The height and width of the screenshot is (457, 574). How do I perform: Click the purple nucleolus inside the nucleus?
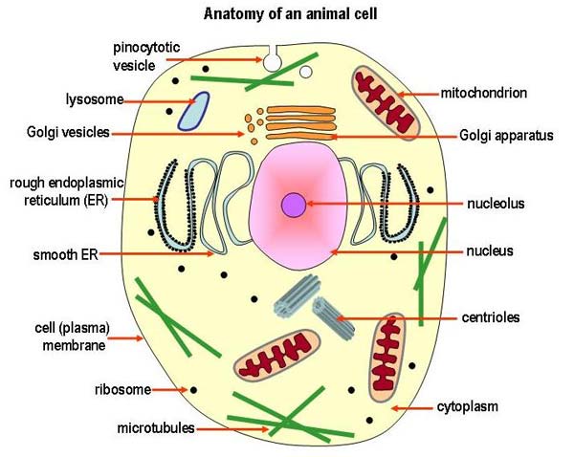coord(294,205)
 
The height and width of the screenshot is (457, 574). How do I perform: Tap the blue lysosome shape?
coord(193,111)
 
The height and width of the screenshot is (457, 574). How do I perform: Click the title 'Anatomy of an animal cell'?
coord(290,14)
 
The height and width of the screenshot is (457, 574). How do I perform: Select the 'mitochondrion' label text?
coord(483,94)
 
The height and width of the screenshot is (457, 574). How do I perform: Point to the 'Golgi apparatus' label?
coord(506,136)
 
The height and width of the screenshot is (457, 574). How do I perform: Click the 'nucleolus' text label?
coord(496,204)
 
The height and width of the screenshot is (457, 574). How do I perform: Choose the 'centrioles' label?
coord(491,317)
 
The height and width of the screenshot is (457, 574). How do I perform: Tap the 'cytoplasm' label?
coord(468,407)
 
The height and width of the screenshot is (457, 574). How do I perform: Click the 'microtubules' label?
coord(156,427)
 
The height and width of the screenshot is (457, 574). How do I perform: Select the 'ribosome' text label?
coord(123,390)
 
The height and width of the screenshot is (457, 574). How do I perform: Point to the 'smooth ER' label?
coord(66,254)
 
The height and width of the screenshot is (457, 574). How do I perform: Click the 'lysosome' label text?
coord(95,99)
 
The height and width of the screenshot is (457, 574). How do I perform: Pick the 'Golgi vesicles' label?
coord(68,133)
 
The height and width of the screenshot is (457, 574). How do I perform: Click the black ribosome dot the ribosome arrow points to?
coord(193,390)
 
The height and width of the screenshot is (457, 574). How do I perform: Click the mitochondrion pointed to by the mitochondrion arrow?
coord(386,103)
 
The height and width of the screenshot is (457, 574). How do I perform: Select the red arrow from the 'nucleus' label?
coord(396,251)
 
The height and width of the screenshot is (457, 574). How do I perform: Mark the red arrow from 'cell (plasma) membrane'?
coord(125,338)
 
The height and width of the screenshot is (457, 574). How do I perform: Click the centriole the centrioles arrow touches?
coord(334,318)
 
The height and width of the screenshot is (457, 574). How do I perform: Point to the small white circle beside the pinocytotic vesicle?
coord(306,72)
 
